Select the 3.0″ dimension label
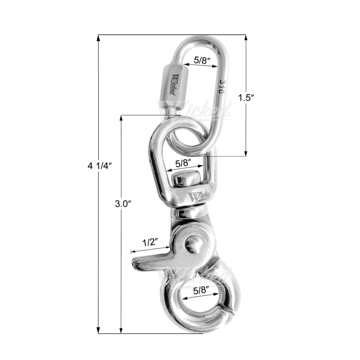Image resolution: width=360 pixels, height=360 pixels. coord(122,204)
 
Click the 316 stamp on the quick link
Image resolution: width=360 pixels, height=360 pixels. coord(221,86)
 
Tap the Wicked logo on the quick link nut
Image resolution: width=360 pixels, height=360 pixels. coord(175,84)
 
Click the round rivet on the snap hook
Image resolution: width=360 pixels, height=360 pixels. coord(194,245)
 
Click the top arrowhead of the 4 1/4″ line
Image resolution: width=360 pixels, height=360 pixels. coord(98,38)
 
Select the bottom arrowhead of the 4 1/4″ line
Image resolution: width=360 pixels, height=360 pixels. coord(98,330)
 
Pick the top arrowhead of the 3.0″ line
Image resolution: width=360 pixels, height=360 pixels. coord(121,118)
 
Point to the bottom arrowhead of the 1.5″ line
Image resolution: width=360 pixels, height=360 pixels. coord(245,153)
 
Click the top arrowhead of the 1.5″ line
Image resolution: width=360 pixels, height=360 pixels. coord(245,38)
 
